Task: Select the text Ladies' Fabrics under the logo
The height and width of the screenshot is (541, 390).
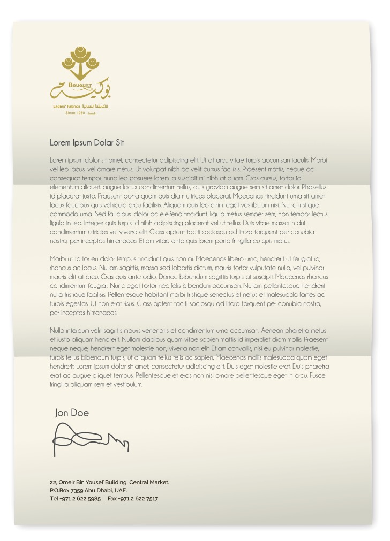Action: point(66,107)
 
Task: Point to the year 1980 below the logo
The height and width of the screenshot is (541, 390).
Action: point(81,113)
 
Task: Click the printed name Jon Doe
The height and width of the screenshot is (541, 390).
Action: point(72,413)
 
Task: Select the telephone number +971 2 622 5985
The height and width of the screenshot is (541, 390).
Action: point(80,499)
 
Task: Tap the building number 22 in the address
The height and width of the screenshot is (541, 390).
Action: point(53,482)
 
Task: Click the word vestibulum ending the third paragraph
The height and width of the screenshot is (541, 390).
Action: point(127,384)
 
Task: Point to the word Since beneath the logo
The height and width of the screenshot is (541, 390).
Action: point(71,113)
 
